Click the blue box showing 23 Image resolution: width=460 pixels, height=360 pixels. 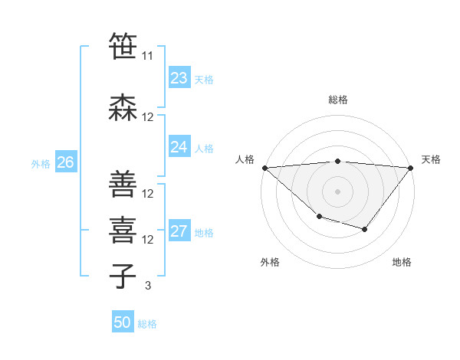pyautogui.click(x=179, y=78)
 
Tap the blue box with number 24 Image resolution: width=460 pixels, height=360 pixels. pyautogui.click(x=179, y=147)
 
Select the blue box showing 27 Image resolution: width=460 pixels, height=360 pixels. pyautogui.click(x=179, y=231)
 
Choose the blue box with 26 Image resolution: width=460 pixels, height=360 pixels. pyautogui.click(x=65, y=162)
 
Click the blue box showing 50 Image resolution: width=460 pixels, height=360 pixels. pyautogui.click(x=123, y=322)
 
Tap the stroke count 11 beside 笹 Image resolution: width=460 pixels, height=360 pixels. pyautogui.click(x=148, y=55)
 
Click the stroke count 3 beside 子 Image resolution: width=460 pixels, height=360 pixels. pyautogui.click(x=148, y=286)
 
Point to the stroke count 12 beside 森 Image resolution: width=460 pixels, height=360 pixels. pyautogui.click(x=148, y=117)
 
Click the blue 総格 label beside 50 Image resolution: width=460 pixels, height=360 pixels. pyautogui.click(x=147, y=324)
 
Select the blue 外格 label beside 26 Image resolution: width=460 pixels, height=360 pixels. pyautogui.click(x=41, y=163)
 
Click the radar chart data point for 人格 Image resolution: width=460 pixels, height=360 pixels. pyautogui.click(x=264, y=168)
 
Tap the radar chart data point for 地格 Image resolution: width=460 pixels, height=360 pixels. pyautogui.click(x=365, y=229)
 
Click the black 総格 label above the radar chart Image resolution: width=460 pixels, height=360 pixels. pyautogui.click(x=338, y=100)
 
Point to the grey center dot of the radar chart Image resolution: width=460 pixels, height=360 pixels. pyautogui.click(x=337, y=191)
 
